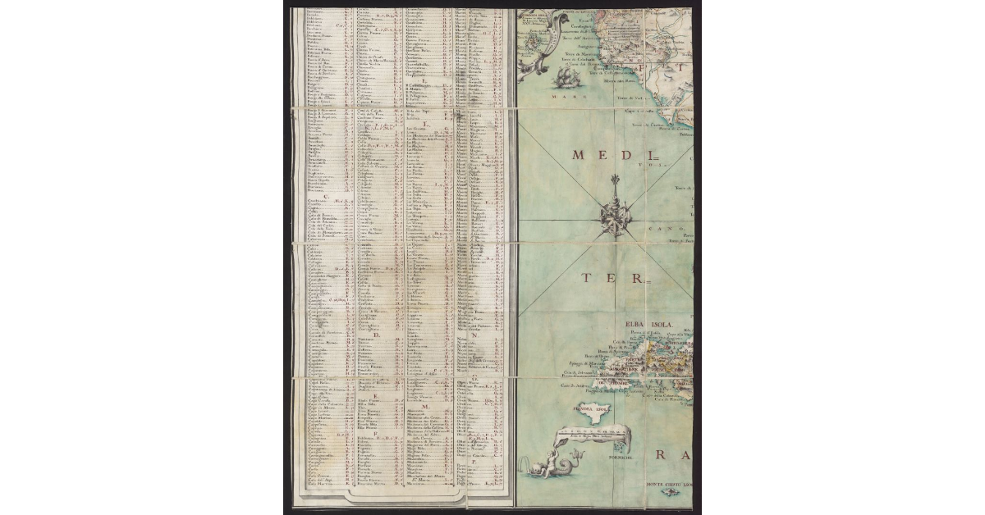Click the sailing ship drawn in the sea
point(564,78)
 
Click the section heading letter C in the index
point(327,196)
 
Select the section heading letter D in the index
point(376,335)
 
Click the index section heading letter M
point(426,405)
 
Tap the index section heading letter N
point(475,335)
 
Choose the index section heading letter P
point(475,463)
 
